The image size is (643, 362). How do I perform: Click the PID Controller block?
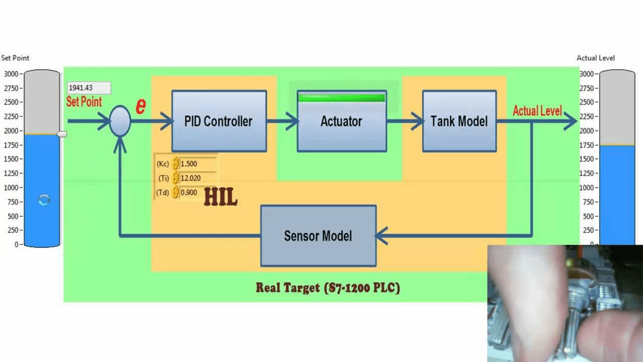coord(219,121)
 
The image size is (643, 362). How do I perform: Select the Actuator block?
coord(341,122)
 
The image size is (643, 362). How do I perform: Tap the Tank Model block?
coord(459,121)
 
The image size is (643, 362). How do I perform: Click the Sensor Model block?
coord(318,235)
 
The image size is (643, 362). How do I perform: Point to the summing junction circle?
coord(120,121)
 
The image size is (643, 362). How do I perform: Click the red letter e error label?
coord(140,106)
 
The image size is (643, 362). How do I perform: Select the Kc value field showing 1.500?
coord(198,164)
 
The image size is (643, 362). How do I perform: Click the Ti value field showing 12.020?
coord(198,178)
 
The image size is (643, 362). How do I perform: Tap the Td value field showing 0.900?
coord(198,193)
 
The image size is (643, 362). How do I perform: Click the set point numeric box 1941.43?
coord(89,88)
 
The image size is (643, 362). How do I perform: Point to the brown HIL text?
coord(220,197)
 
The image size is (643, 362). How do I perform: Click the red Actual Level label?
coord(537,111)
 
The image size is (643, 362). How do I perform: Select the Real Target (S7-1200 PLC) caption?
coord(327,288)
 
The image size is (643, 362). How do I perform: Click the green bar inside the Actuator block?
coord(341,98)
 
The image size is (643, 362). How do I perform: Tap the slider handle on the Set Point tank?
coord(62,134)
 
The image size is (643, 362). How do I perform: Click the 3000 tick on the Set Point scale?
coord(12,74)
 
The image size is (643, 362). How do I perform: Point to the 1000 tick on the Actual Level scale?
coord(588,188)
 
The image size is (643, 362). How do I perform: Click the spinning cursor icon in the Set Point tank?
coord(44,200)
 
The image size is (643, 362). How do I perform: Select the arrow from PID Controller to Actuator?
coord(283,122)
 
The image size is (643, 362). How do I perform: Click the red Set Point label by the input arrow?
coord(84,101)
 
